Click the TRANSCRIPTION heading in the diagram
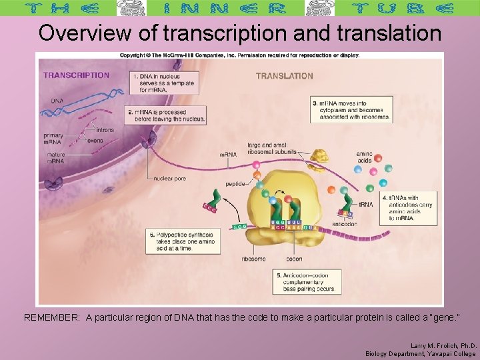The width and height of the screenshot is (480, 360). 76,75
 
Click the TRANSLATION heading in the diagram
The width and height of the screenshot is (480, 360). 284,76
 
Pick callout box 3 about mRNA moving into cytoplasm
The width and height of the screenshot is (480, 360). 350,110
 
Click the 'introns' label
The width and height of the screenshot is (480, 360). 105,130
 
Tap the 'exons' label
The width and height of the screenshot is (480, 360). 95,141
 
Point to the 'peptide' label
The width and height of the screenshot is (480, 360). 235,183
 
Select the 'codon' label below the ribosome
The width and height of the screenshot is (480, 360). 294,259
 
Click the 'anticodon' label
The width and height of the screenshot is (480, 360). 344,224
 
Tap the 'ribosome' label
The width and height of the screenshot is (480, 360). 254,259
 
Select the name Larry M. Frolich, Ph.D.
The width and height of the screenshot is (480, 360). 443,345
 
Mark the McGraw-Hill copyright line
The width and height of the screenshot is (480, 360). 239,55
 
